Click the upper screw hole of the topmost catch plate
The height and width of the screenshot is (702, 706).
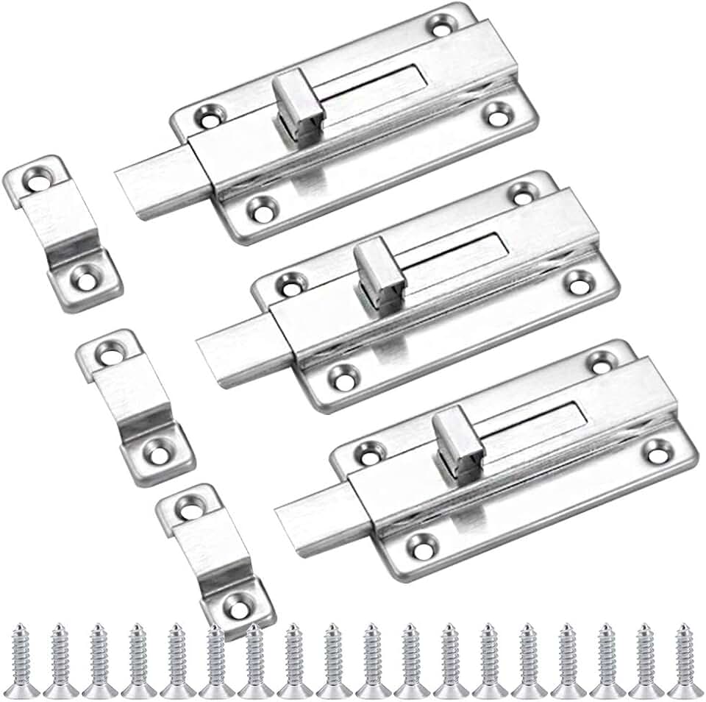click(32, 177)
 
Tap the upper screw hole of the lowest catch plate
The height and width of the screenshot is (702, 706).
click(190, 508)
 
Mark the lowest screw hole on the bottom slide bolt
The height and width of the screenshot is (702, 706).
click(421, 546)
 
